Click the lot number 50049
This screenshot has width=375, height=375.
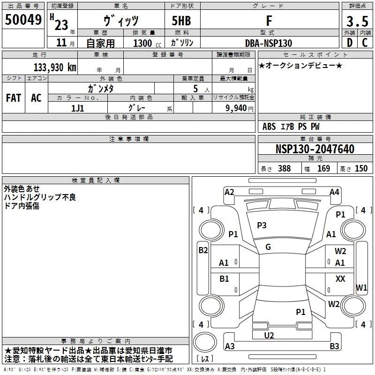(23, 20)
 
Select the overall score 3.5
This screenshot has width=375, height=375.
(357, 21)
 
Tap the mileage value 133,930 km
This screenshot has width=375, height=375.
(55, 67)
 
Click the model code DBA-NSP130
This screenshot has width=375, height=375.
(269, 43)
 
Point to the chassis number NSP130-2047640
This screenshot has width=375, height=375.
(315, 149)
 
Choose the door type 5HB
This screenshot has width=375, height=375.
(181, 21)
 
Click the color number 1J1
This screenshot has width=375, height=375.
(77, 108)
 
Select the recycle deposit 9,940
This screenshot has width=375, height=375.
(236, 108)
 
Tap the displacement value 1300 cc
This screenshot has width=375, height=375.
(147, 43)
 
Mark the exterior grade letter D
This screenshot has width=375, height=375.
(350, 43)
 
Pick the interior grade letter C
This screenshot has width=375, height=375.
(365, 43)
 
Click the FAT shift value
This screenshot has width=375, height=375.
(14, 98)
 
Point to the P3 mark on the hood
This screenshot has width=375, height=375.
(262, 225)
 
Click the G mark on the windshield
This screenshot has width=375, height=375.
(268, 247)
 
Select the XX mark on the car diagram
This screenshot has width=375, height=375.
(340, 278)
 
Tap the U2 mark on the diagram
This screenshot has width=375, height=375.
(269, 336)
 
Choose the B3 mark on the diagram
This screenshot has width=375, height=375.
(334, 346)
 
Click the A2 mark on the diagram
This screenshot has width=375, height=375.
(229, 192)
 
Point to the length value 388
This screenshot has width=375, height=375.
(284, 168)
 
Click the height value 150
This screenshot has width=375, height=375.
(361, 168)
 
